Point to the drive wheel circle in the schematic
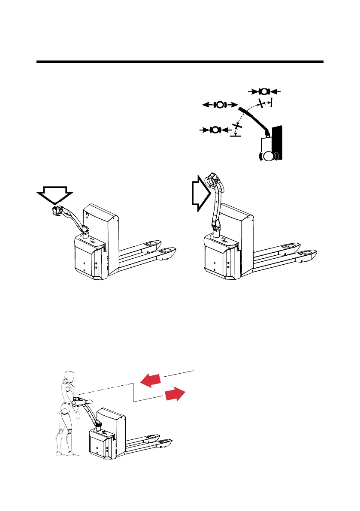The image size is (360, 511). [x=269, y=155]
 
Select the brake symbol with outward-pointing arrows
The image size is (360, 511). [x=220, y=104]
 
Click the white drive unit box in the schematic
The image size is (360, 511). [x=266, y=142]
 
